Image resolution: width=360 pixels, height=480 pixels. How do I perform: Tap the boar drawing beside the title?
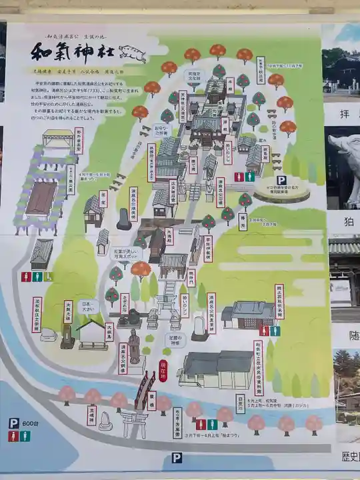point(132,54)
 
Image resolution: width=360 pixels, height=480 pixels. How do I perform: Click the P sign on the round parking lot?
point(281,180)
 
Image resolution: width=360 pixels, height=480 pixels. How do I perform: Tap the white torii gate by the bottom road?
point(134,423)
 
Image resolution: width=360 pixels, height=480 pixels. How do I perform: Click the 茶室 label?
point(104,198)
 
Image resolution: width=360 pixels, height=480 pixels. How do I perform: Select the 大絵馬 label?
point(109,332)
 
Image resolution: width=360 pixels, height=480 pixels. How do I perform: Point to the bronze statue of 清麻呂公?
point(134,347)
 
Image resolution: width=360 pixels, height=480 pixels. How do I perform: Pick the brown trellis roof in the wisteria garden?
point(41,198)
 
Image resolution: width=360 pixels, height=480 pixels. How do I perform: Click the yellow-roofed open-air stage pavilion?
point(57,138)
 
